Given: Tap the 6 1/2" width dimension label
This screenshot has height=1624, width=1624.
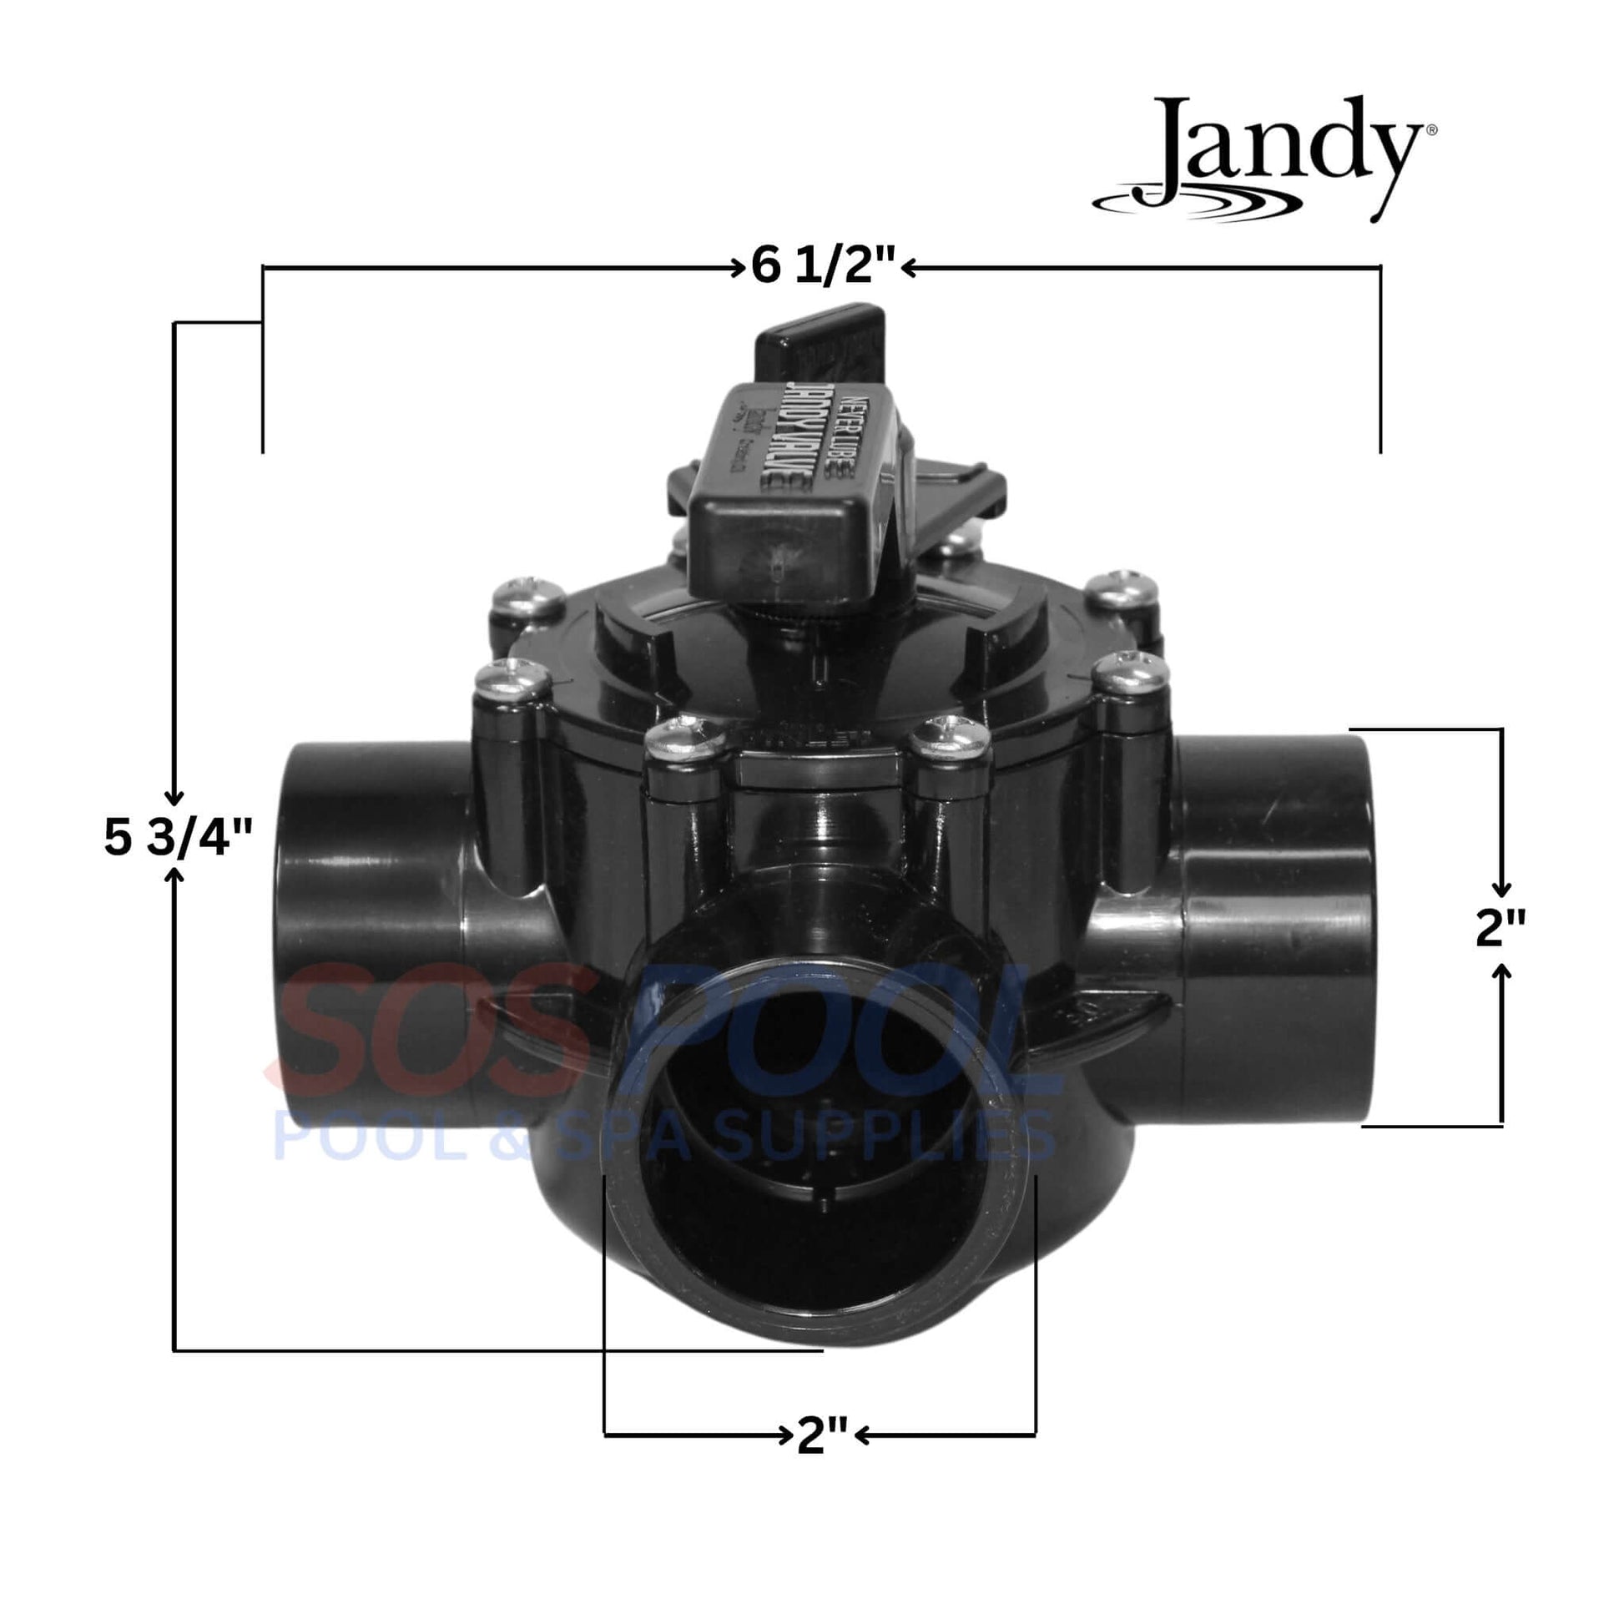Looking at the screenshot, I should tap(823, 267).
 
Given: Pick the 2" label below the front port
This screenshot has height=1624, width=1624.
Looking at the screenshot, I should tap(821, 1435).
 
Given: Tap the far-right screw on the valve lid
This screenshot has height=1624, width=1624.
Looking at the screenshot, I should tap(1132, 669).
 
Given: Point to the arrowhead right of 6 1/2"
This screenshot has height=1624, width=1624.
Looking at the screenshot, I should tap(908, 267).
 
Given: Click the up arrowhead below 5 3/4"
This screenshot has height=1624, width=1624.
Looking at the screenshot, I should tap(174, 878).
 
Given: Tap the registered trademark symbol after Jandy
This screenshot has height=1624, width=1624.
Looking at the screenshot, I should tap(1431, 130).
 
